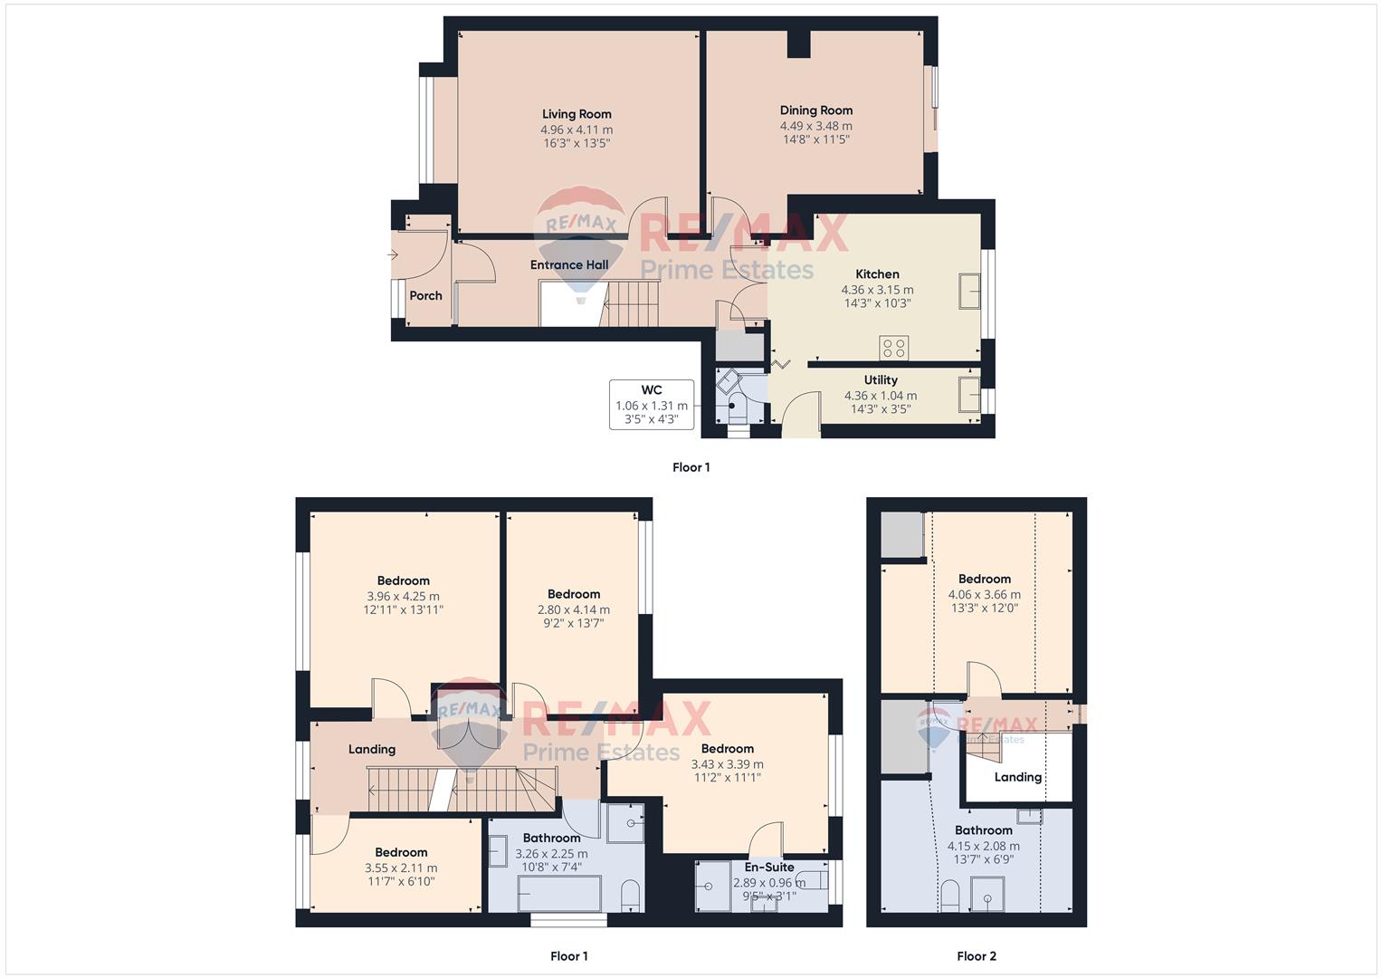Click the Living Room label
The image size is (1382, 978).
point(577,114)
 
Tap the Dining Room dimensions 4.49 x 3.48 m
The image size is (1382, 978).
point(815,126)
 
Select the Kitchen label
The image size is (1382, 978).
point(877,274)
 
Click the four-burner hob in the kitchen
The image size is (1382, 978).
point(893,348)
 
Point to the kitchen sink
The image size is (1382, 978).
point(969,292)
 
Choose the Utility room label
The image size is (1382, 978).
point(881,380)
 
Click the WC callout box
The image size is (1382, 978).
point(652,405)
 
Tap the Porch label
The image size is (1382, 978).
point(425,296)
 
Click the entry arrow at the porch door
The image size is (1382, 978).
point(393,254)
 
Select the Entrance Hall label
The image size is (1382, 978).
point(569,264)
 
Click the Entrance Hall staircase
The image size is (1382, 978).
point(630,303)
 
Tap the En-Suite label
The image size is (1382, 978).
point(768,867)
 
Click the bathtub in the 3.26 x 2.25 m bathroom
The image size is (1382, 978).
point(559,893)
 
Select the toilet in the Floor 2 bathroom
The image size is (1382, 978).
point(949,896)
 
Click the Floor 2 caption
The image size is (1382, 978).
point(976,956)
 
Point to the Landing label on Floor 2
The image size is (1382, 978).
point(1017,777)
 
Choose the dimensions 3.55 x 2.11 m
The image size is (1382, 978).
point(401,868)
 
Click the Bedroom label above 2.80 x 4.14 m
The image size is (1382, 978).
point(574,594)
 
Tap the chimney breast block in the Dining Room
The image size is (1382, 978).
point(798,43)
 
